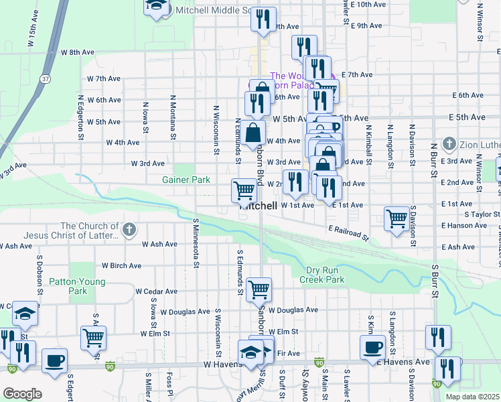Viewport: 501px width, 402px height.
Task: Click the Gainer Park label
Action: pyautogui.click(x=186, y=180)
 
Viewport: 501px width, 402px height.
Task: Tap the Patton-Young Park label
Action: pyautogui.click(x=87, y=286)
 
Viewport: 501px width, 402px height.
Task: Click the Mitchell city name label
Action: pyautogui.click(x=258, y=207)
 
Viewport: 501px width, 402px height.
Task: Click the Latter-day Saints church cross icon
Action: pyautogui.click(x=129, y=230)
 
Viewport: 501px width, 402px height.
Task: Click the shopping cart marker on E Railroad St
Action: pyautogui.click(x=397, y=218)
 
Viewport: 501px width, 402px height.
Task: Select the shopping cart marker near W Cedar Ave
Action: pyautogui.click(x=259, y=290)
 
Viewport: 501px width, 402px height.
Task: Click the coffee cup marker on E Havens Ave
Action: pyautogui.click(x=372, y=348)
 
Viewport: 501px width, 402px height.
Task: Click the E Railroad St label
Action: pyautogui.click(x=348, y=233)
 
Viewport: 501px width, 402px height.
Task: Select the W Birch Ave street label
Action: pyautogui.click(x=121, y=265)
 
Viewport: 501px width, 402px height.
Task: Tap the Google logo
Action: pyautogui.click(x=21, y=393)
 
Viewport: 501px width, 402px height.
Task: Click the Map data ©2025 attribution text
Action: pyautogui.click(x=472, y=397)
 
